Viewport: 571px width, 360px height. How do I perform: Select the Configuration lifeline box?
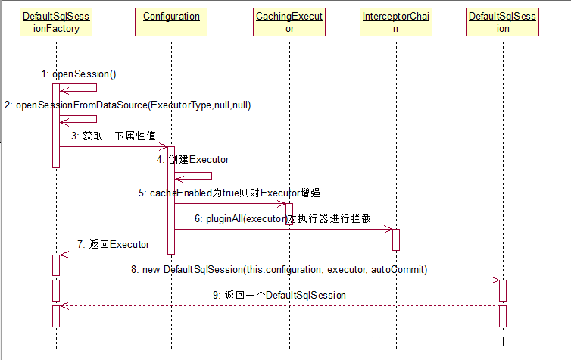(x=171, y=16)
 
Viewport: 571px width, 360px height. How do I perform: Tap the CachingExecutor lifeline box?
(x=289, y=23)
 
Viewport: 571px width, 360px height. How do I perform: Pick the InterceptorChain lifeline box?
(x=395, y=23)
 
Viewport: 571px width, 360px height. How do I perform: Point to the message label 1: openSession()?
(x=79, y=74)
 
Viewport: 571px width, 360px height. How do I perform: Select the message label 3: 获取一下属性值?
(x=114, y=136)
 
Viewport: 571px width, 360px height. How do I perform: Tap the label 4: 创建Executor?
(x=192, y=160)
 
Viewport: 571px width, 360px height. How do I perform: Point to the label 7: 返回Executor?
(x=113, y=245)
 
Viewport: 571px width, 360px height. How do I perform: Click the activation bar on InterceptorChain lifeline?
(x=395, y=239)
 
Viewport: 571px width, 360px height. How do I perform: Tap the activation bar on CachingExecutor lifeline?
(x=289, y=213)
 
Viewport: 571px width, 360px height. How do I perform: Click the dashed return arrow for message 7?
(x=114, y=255)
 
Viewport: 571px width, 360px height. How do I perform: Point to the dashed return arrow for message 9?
(x=280, y=305)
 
